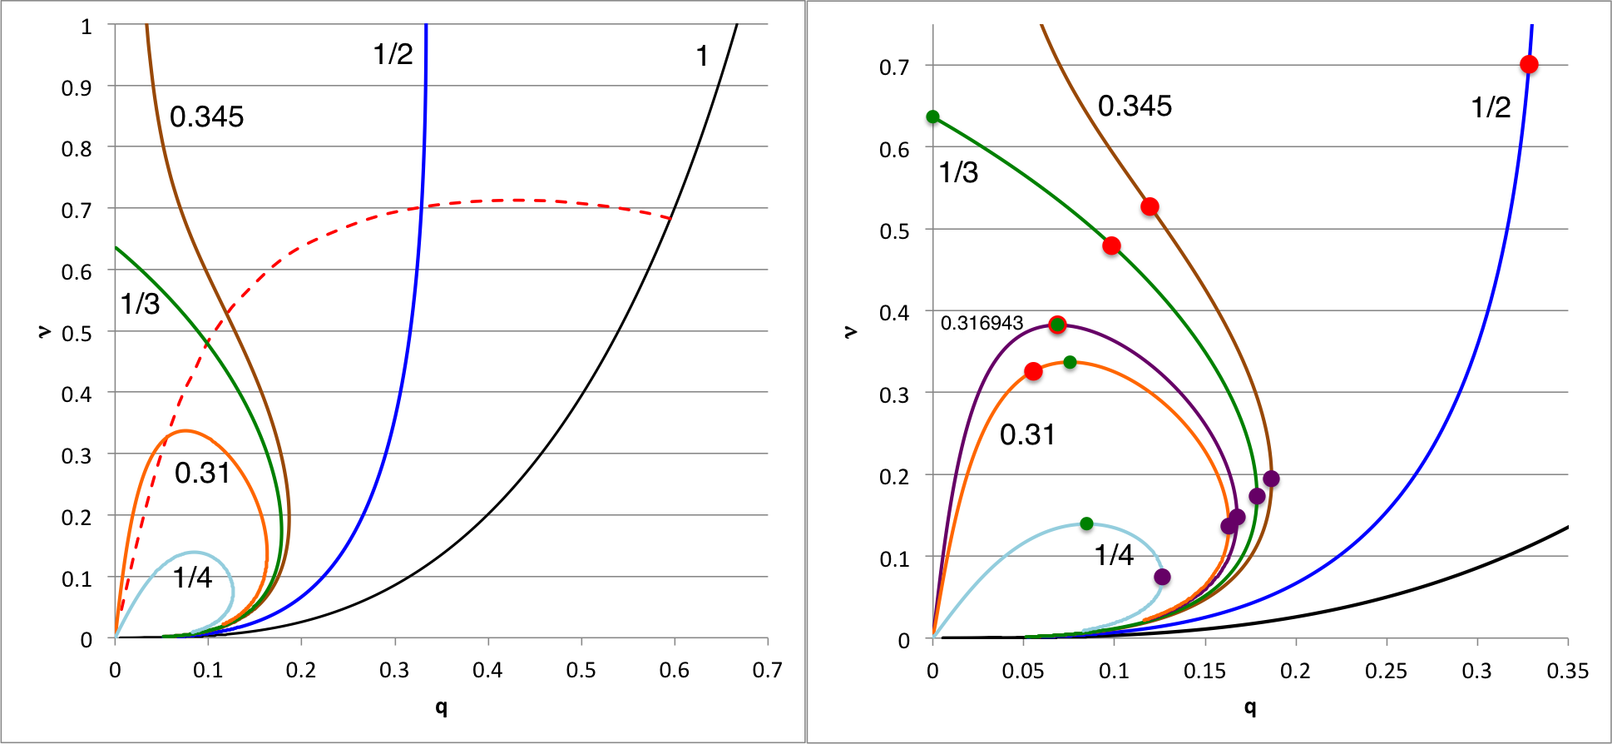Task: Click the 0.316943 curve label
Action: tap(982, 323)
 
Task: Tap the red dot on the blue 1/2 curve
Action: tap(1529, 65)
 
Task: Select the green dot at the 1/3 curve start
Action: tap(933, 117)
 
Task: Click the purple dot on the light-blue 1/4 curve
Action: tap(1163, 577)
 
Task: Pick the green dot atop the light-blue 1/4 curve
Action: tap(1086, 523)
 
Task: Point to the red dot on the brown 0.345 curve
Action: tap(1150, 206)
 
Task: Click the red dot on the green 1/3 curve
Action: tap(1111, 246)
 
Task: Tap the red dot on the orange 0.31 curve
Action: tap(1033, 371)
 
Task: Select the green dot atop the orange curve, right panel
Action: tap(1070, 362)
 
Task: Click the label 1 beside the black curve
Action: tap(702, 57)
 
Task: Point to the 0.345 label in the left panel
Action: tap(206, 117)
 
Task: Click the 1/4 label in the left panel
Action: tap(192, 578)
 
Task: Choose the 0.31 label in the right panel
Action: tap(1027, 434)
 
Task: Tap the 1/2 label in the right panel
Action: tap(1491, 107)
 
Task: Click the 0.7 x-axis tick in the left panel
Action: tap(767, 671)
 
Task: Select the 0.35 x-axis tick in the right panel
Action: tap(1567, 671)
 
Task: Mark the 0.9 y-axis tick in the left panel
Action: tap(77, 87)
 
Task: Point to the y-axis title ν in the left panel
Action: tap(43, 332)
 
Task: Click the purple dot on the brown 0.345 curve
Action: tap(1271, 479)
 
